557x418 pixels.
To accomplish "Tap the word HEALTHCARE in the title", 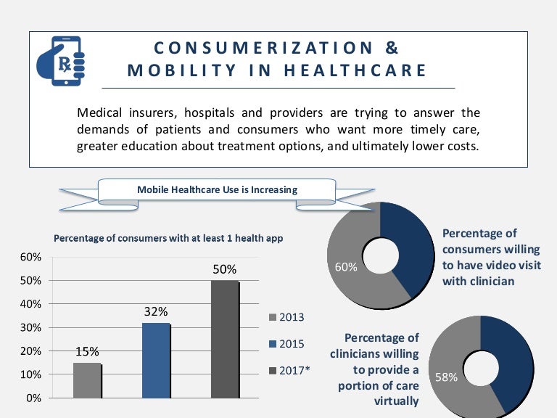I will click(x=363, y=70).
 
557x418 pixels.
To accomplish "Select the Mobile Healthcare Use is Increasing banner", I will click(x=218, y=190).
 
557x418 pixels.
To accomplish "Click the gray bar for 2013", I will click(x=87, y=380).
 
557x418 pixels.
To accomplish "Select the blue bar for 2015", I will click(x=156, y=360).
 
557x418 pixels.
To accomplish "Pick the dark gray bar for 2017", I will click(x=225, y=339).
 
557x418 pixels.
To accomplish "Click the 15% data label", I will click(x=87, y=352).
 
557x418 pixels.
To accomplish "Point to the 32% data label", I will click(x=156, y=312).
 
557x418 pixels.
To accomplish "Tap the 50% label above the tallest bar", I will click(x=225, y=270).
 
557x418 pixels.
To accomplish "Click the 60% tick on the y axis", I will click(x=30, y=257).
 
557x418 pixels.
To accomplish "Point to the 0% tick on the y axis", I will click(x=33, y=398).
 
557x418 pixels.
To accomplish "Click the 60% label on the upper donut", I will click(x=346, y=267).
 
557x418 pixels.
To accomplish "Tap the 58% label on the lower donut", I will click(x=446, y=377).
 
